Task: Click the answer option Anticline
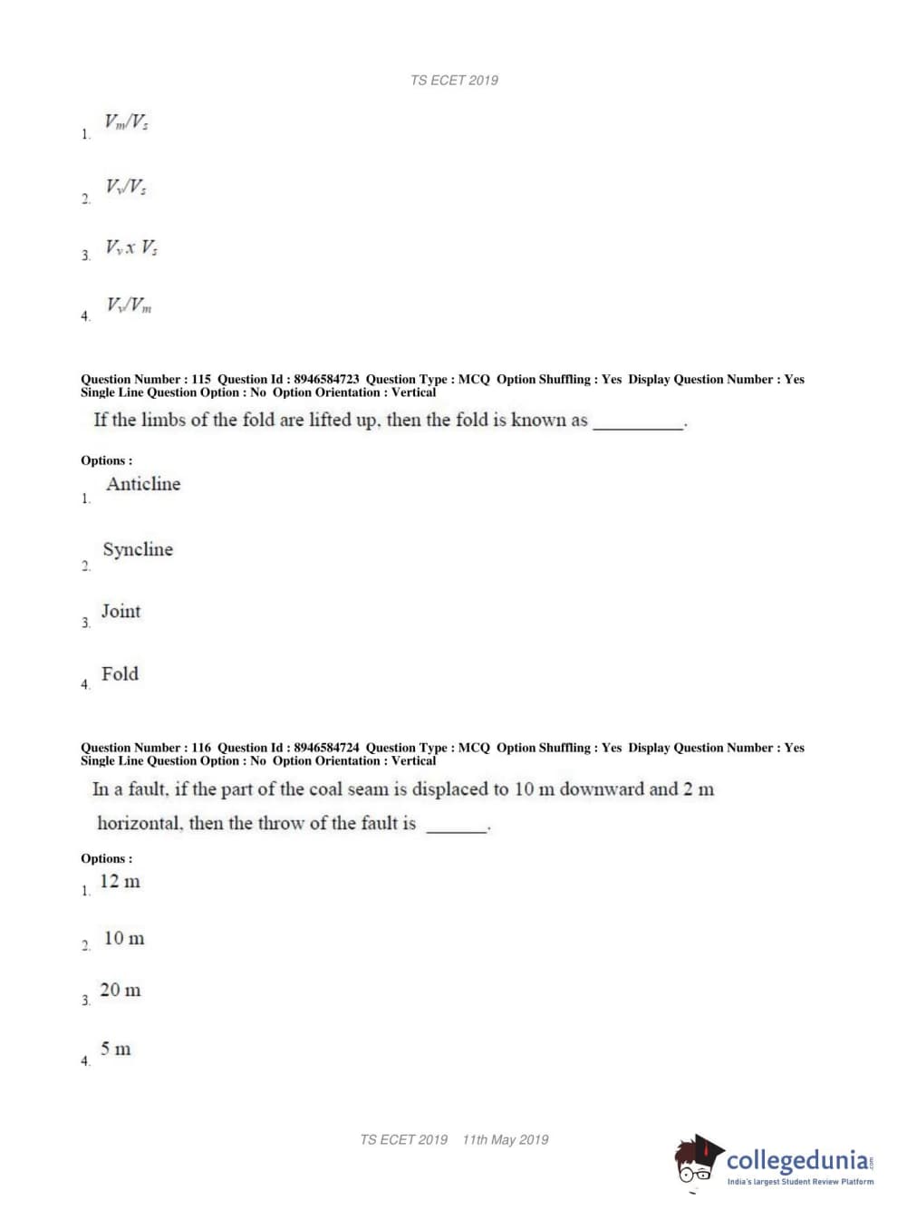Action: pyautogui.click(x=143, y=484)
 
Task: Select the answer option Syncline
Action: pyautogui.click(x=138, y=549)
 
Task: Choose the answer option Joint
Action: pyautogui.click(x=121, y=612)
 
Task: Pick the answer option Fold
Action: pyautogui.click(x=120, y=674)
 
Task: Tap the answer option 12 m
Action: pyautogui.click(x=120, y=882)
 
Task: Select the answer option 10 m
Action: pyautogui.click(x=124, y=939)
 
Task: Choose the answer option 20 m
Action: pyautogui.click(x=121, y=991)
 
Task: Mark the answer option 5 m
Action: pyautogui.click(x=116, y=1050)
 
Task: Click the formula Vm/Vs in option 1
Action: pyautogui.click(x=127, y=121)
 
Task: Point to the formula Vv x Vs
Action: pyautogui.click(x=131, y=247)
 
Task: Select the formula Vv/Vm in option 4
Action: pyautogui.click(x=130, y=305)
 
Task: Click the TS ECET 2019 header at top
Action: pyautogui.click(x=454, y=80)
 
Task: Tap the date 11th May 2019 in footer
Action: pyautogui.click(x=506, y=1140)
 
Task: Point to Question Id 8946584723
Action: pyautogui.click(x=326, y=380)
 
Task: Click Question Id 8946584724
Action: pyautogui.click(x=326, y=748)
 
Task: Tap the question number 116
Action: pyautogui.click(x=201, y=748)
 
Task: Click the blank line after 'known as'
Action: pyautogui.click(x=638, y=422)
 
